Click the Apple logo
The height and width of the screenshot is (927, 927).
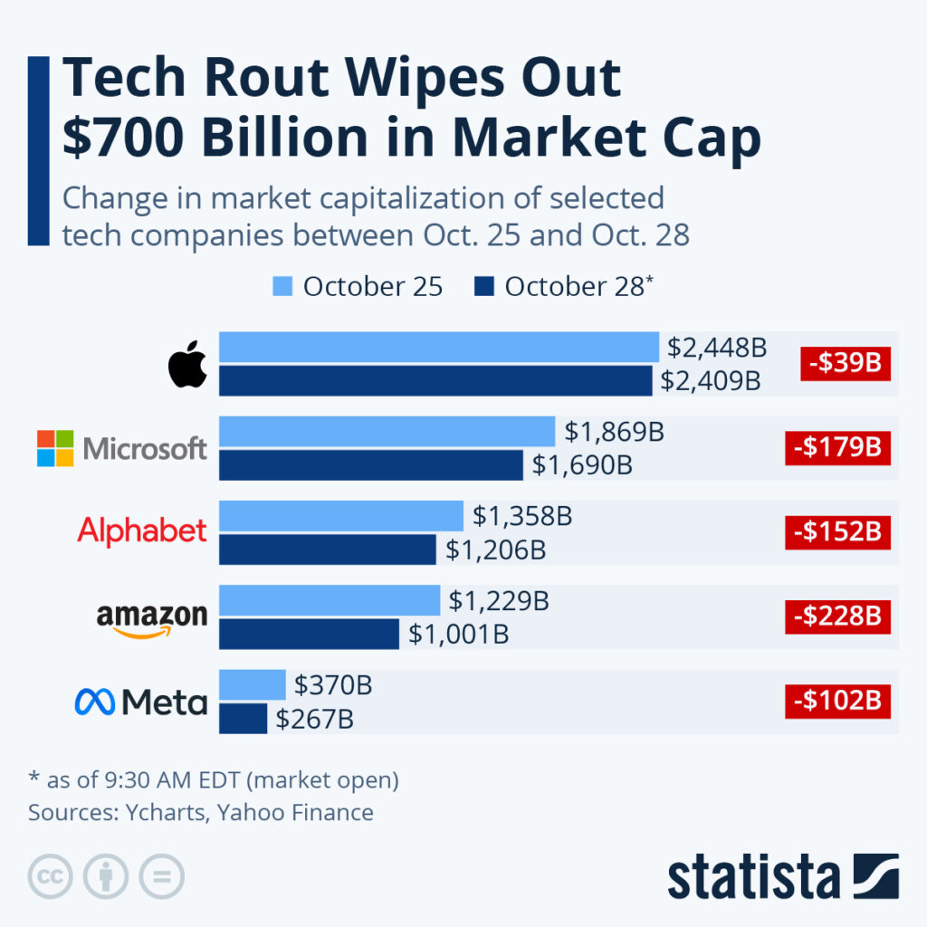[x=188, y=365]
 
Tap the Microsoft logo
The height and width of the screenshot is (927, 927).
[x=122, y=448]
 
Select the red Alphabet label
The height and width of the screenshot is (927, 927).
[x=142, y=530]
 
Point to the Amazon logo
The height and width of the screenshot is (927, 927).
[x=151, y=620]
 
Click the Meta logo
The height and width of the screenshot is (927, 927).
[x=140, y=702]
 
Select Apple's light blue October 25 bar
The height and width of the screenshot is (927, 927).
[x=438, y=347]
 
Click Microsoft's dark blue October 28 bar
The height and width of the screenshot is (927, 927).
[x=370, y=465]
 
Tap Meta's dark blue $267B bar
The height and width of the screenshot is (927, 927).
[x=243, y=719]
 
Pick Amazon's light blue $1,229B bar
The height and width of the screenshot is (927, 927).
[x=330, y=600]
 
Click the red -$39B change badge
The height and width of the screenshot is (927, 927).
[x=846, y=364]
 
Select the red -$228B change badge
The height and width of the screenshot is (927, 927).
[x=837, y=616]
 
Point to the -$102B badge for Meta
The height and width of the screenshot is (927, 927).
[x=837, y=701]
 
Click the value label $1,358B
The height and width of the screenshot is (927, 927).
[x=522, y=516]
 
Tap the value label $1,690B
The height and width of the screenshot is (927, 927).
[x=581, y=465]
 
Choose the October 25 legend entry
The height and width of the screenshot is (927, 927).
[x=358, y=287]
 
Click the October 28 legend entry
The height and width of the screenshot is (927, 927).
[x=562, y=287]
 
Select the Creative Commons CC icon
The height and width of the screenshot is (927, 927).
[x=51, y=876]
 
